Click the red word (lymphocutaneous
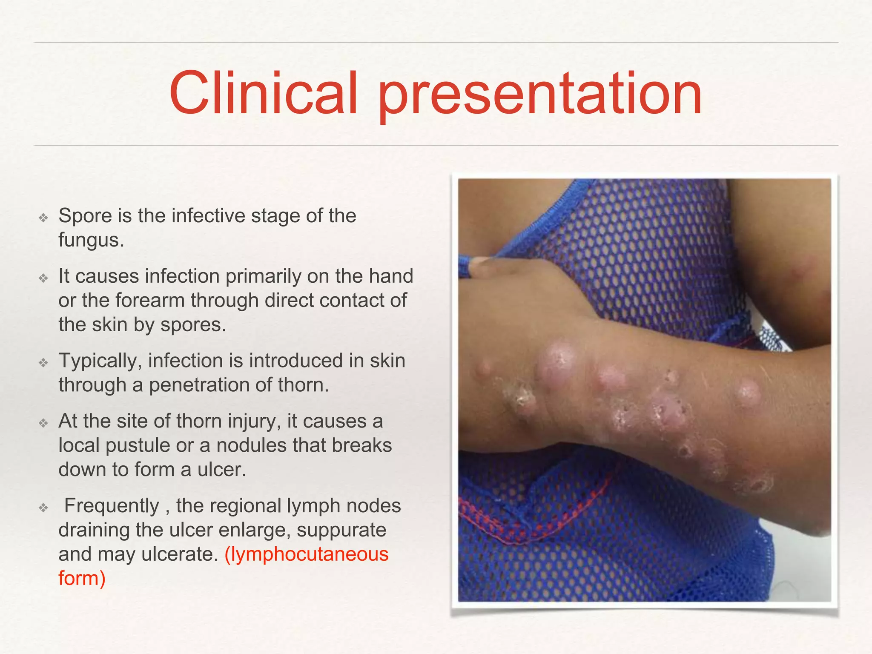point(306,554)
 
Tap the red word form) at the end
point(82,579)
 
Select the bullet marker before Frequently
point(43,508)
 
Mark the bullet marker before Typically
point(43,363)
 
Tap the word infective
point(208,216)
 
